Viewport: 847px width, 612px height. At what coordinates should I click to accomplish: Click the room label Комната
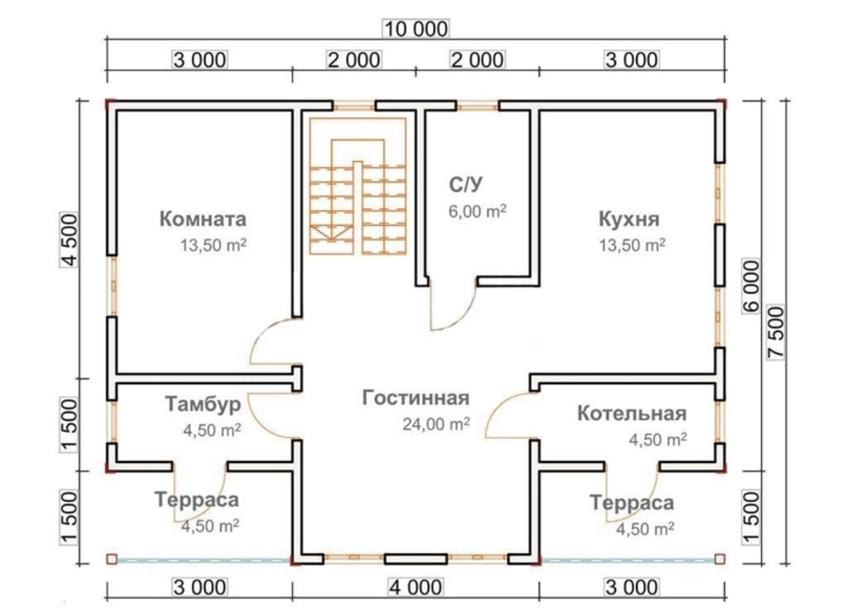coord(203,219)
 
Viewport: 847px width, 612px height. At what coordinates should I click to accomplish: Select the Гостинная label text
coord(416,397)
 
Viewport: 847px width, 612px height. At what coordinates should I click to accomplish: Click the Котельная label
coord(632,413)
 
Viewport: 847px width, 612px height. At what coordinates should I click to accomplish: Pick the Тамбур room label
coord(203,405)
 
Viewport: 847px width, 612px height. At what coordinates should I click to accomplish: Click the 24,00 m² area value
coord(437,424)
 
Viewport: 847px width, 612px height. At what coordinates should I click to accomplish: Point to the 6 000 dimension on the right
coord(751,285)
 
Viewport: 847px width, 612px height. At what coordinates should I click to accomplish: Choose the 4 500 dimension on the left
coord(69,240)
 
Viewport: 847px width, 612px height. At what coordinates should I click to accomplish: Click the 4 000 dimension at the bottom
coord(416,587)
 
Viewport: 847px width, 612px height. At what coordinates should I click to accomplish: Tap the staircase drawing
coord(358,188)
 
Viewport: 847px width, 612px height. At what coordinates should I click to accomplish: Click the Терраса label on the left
coord(197,500)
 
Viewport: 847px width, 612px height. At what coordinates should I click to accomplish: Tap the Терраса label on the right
coord(632,503)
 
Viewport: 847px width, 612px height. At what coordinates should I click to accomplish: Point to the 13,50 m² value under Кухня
coord(632,245)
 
